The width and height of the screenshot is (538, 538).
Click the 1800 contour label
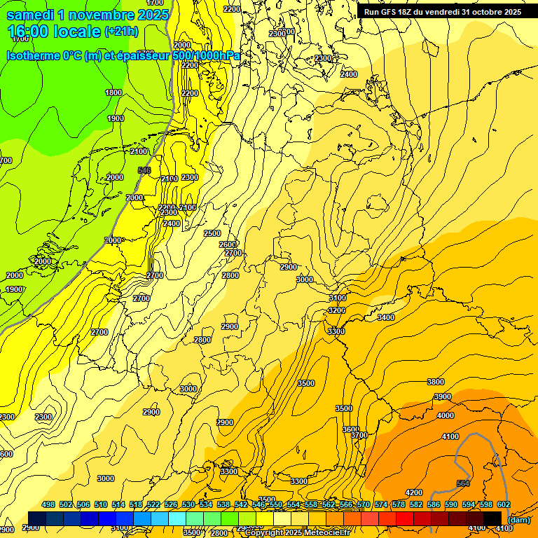113,92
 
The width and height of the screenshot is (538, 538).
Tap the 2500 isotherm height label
212,233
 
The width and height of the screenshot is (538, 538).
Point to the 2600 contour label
228,244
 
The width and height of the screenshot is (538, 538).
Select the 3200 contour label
337,310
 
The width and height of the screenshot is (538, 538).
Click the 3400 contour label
386,318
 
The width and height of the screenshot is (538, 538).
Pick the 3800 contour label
436,382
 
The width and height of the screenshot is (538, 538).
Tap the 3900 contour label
443,396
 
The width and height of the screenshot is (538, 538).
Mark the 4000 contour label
446,415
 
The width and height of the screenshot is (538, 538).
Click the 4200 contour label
414,492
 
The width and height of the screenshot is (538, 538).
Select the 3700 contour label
359,435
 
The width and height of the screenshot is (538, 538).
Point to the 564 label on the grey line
463,483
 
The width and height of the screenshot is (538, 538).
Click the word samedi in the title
32,15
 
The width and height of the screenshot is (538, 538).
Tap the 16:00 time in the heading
29,32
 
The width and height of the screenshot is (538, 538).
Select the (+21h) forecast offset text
121,32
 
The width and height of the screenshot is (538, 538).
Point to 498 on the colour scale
48,504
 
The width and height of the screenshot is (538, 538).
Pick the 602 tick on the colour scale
504,504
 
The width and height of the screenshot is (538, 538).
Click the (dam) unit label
519,519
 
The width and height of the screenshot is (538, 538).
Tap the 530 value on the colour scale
188,504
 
